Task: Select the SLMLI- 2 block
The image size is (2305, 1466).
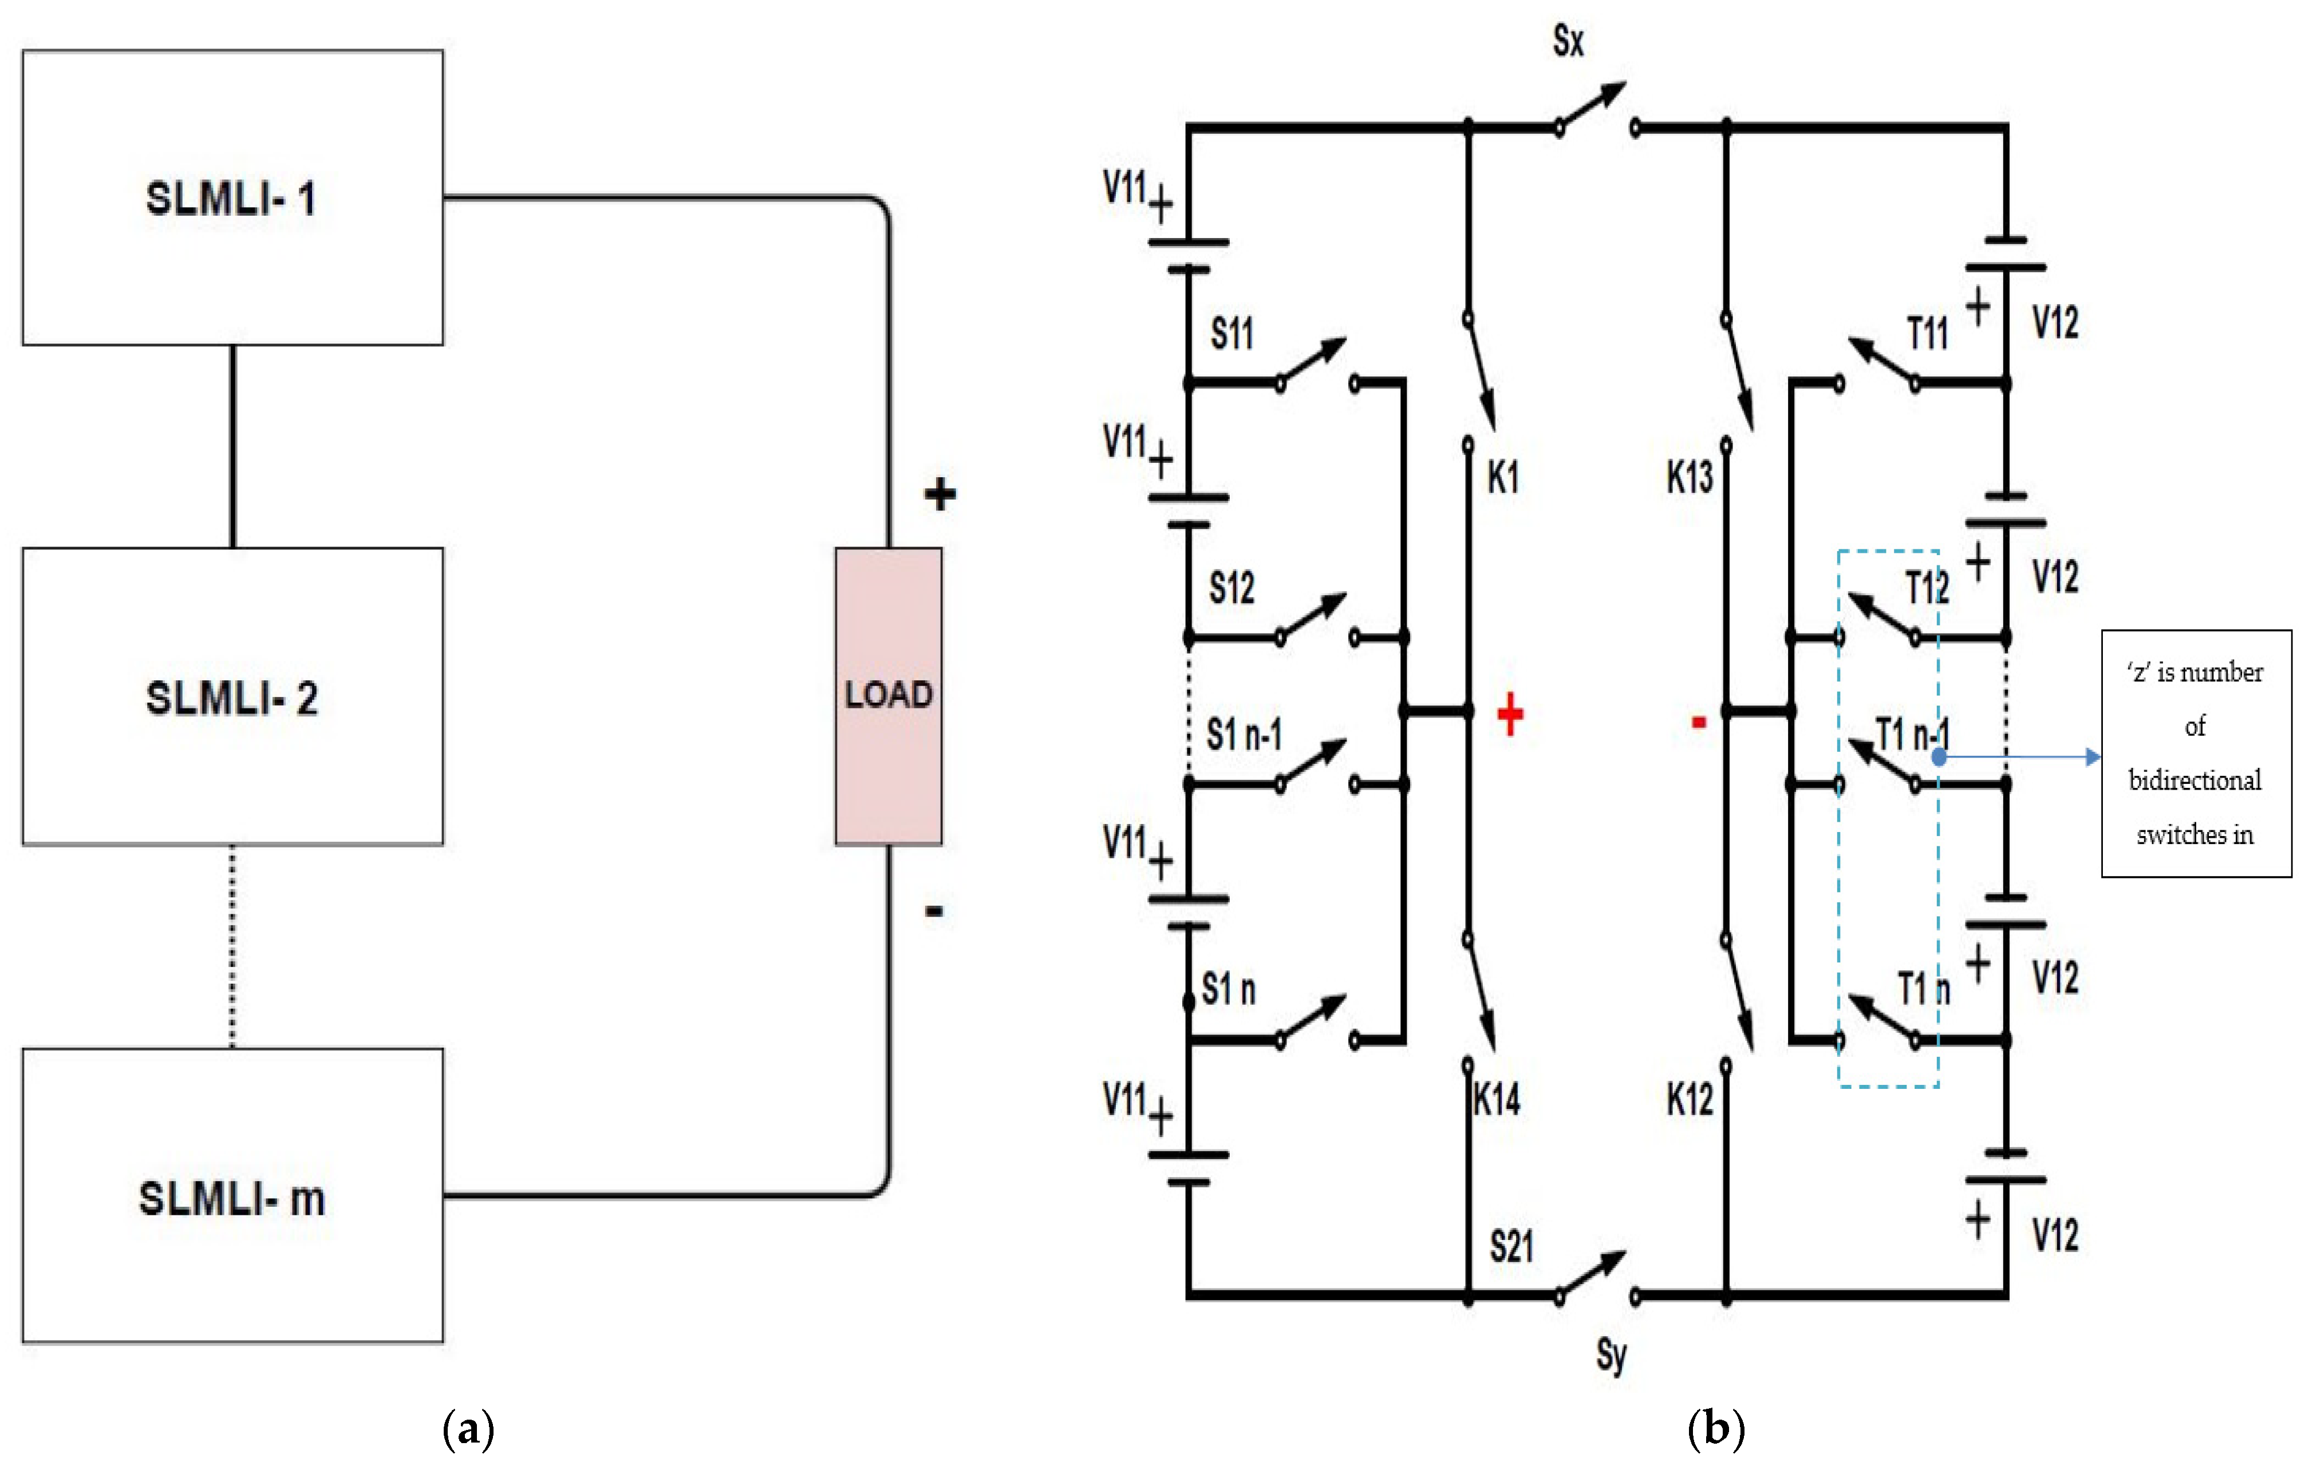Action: click(x=232, y=696)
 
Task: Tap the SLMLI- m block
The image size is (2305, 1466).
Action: click(x=232, y=1196)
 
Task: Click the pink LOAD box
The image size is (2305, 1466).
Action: click(x=889, y=696)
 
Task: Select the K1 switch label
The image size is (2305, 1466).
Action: click(x=1503, y=477)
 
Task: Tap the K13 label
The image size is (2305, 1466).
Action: click(x=1690, y=477)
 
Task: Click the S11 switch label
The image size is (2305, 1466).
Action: click(x=1232, y=333)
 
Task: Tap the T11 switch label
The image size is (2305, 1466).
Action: click(x=1928, y=333)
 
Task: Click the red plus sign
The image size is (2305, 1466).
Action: click(x=1510, y=715)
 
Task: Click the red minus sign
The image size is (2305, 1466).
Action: click(x=1699, y=723)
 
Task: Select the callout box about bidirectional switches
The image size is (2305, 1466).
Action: click(x=2196, y=753)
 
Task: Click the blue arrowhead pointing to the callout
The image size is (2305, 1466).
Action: click(x=2093, y=757)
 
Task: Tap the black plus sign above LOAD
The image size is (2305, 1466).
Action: click(x=939, y=494)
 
